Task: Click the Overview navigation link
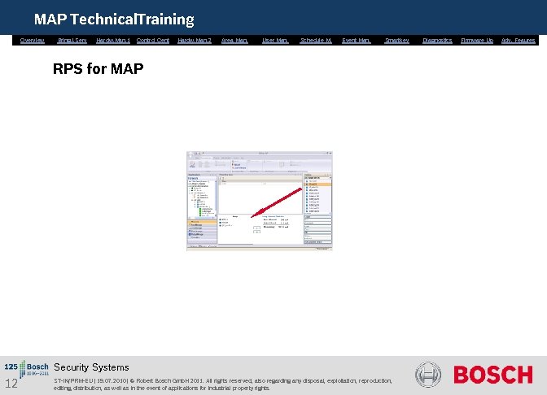point(33,40)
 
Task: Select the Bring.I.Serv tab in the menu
point(72,40)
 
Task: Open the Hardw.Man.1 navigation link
point(113,40)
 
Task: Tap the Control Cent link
point(153,40)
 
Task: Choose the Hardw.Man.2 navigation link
point(194,40)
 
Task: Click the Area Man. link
point(234,40)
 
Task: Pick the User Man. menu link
point(275,40)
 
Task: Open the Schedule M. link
point(316,40)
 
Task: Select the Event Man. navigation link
point(356,40)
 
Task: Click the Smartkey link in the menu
point(396,40)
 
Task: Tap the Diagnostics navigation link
point(437,40)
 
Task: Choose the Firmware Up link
point(477,40)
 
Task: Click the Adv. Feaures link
point(519,40)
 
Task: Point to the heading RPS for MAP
point(98,69)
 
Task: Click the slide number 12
point(11,384)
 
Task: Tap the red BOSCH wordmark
point(492,375)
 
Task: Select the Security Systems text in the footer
point(91,367)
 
